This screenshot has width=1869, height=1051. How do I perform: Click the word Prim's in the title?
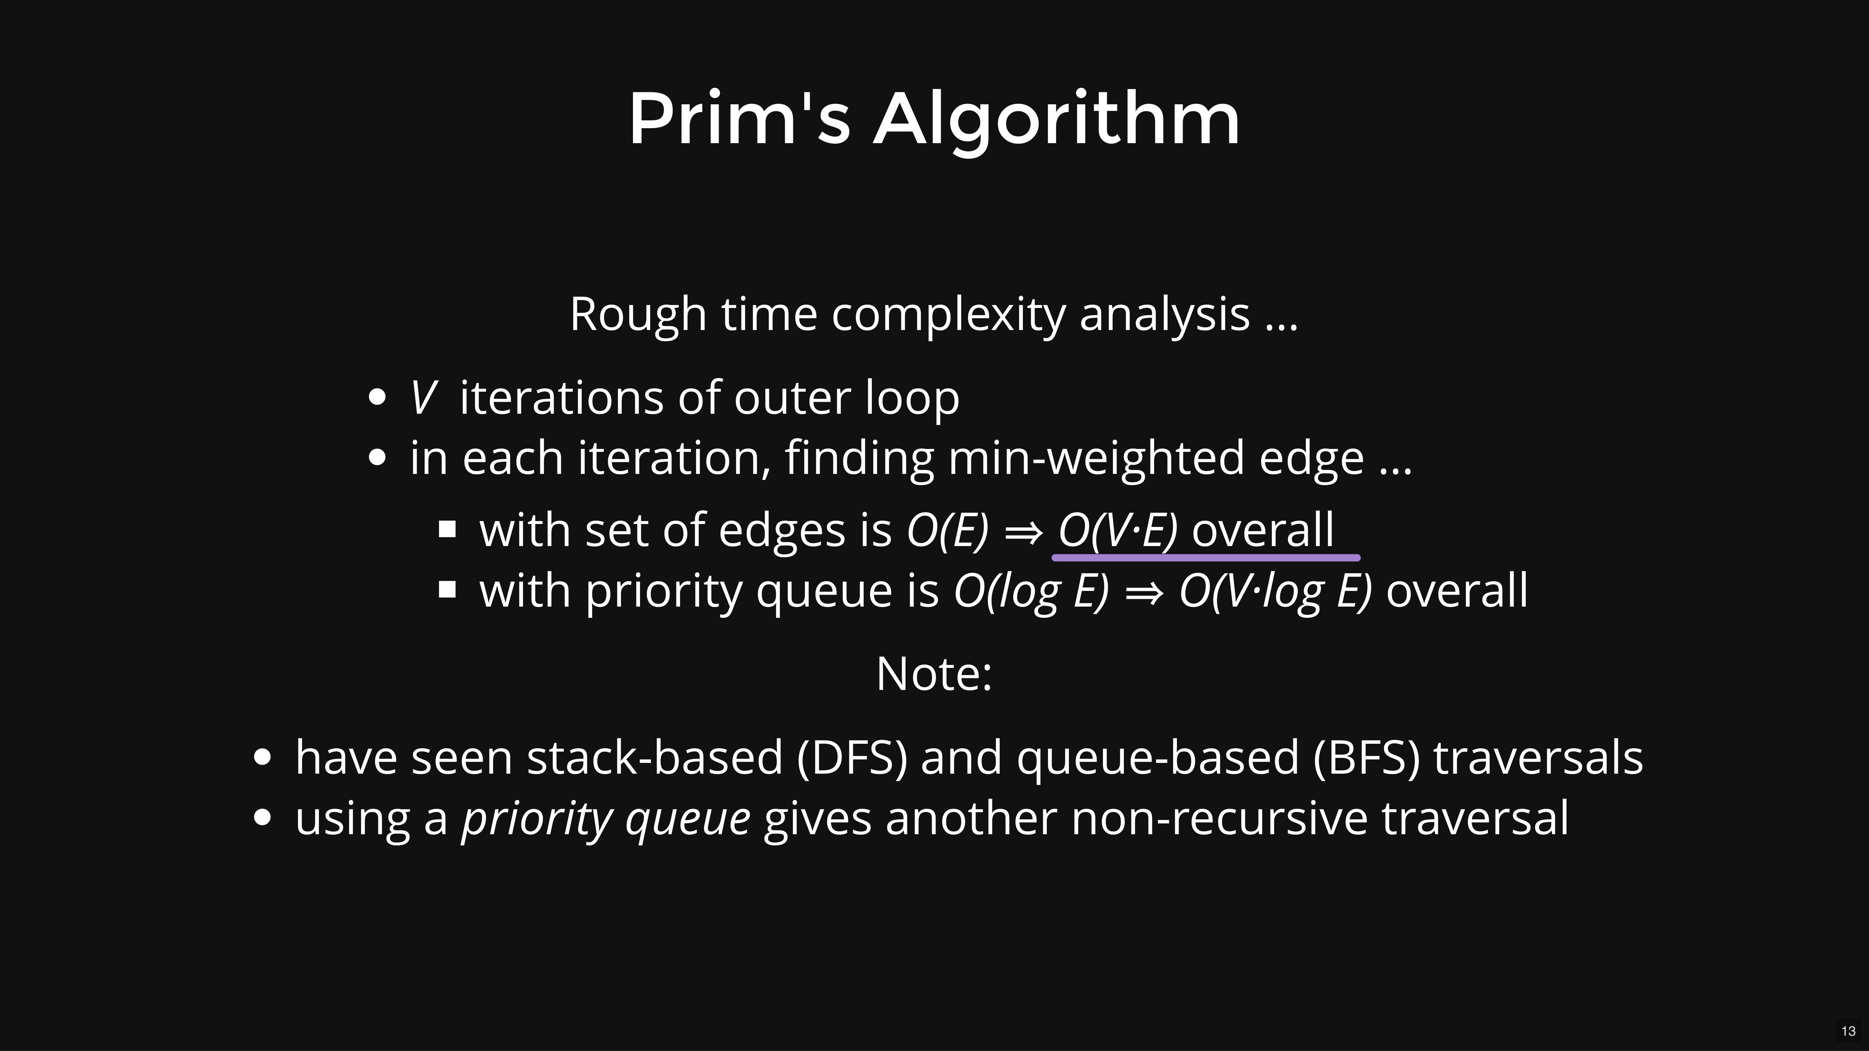(x=739, y=118)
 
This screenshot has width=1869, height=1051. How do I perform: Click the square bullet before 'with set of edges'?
(x=448, y=529)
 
